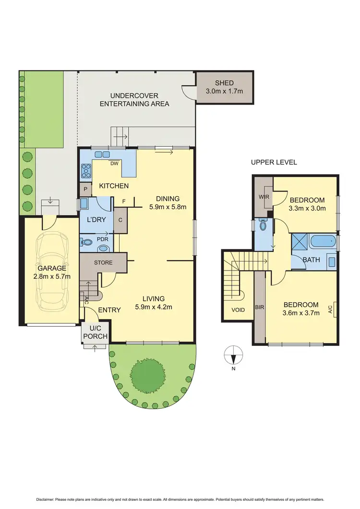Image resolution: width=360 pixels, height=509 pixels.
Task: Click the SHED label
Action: click(x=224, y=83)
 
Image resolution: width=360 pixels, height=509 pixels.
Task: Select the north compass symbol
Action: click(x=233, y=358)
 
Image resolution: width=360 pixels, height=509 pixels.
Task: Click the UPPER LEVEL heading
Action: click(x=274, y=163)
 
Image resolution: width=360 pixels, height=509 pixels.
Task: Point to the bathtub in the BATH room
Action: click(x=323, y=241)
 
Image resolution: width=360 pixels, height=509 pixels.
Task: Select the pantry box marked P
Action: click(x=85, y=189)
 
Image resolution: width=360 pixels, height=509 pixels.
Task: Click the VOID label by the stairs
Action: click(x=238, y=310)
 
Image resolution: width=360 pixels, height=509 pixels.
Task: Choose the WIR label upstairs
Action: click(x=264, y=197)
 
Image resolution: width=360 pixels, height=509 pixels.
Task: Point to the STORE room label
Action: click(x=103, y=262)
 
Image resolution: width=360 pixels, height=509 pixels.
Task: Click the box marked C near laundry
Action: click(x=120, y=220)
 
